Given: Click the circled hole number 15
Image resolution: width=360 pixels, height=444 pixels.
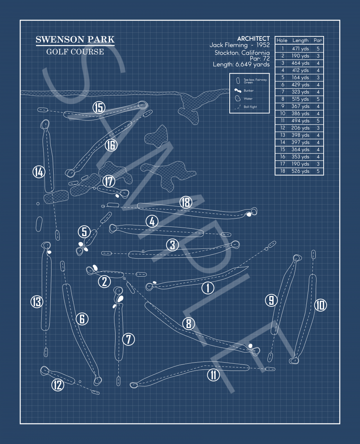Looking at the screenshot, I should [x=99, y=107].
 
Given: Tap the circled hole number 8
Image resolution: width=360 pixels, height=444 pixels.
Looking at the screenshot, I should [x=189, y=324].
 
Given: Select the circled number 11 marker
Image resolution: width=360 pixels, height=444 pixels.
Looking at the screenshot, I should [x=213, y=375].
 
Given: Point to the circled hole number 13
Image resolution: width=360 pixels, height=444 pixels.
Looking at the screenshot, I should [x=37, y=302].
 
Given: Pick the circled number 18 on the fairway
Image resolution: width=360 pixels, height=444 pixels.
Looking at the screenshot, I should [x=186, y=202].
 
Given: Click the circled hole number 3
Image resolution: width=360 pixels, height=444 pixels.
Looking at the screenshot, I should [x=173, y=245].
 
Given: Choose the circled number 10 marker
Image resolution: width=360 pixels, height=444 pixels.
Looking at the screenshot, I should [x=320, y=305].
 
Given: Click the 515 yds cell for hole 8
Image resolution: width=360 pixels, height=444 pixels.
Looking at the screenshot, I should [x=300, y=99].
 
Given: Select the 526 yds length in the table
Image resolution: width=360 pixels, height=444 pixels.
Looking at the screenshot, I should [x=300, y=171].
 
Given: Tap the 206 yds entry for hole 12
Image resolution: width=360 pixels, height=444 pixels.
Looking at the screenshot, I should [x=300, y=128].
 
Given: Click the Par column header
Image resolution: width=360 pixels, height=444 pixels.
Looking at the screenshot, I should [x=318, y=40].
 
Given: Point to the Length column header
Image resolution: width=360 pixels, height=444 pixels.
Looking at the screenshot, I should [x=300, y=40].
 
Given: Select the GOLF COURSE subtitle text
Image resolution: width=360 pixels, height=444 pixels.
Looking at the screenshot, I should [x=75, y=52].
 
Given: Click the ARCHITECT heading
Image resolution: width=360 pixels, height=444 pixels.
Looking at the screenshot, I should [x=253, y=39].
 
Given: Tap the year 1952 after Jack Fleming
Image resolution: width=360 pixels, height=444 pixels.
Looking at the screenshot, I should [x=263, y=45].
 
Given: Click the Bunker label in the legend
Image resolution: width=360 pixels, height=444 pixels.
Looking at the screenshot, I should [x=248, y=91].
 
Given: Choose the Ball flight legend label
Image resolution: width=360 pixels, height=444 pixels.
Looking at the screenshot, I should [x=250, y=107].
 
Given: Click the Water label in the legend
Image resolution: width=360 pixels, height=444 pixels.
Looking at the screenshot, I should [x=248, y=99].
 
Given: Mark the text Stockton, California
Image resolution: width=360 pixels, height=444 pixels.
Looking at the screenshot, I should [x=242, y=53].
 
